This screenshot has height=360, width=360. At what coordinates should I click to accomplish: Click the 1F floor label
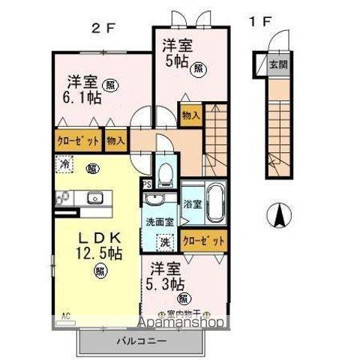[x=259, y=21]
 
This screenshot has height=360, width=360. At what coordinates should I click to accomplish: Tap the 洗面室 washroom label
[x=159, y=222]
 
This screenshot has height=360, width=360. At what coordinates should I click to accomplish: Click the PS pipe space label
[x=146, y=183]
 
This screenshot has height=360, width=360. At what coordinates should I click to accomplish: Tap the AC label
[x=65, y=316]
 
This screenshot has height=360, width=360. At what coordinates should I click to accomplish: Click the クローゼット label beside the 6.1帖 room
[x=76, y=140]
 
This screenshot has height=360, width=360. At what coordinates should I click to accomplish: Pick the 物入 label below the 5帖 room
[x=190, y=115]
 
